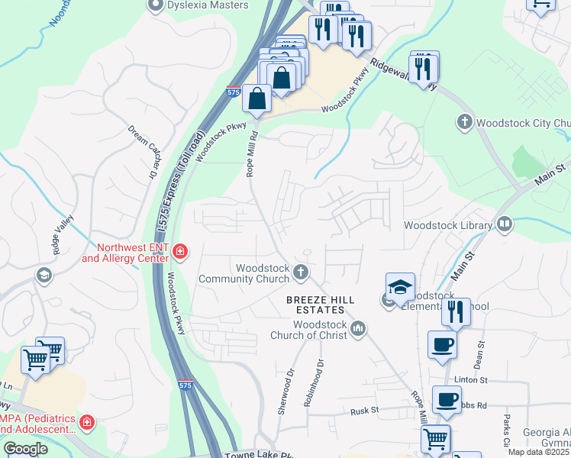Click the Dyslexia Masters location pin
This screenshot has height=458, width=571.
[x=156, y=5]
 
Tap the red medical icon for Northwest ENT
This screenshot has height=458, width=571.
[x=179, y=250]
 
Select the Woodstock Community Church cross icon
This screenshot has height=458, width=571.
[x=302, y=271]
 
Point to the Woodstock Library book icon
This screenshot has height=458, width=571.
[x=504, y=224]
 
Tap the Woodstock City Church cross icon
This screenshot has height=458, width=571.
[x=463, y=122]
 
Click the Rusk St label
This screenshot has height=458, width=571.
[x=365, y=411]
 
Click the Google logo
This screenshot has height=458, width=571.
[x=25, y=449]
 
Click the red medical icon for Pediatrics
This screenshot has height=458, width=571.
[x=88, y=421]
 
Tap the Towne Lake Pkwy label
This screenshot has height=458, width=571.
[x=252, y=454]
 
